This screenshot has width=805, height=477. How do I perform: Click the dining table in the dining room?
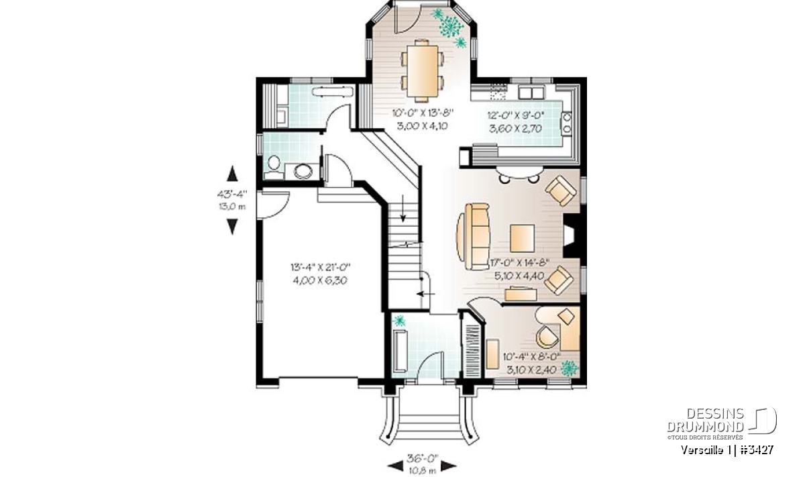(422, 70)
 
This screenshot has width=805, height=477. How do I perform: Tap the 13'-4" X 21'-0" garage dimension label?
(320, 268)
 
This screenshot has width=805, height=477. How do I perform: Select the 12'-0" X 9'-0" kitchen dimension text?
(516, 116)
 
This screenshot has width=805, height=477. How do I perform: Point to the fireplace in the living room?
(572, 235)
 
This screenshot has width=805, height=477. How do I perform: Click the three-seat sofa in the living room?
(474, 237)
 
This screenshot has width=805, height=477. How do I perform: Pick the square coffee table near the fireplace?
(522, 238)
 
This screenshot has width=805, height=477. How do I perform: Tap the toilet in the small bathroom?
(274, 167)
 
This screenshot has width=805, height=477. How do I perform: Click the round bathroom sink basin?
(303, 172)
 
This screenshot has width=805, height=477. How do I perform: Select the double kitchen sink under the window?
(531, 93)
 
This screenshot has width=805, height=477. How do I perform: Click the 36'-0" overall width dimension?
(423, 459)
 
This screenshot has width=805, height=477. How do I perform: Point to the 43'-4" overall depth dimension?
(232, 195)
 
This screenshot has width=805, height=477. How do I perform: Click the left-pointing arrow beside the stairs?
(426, 294)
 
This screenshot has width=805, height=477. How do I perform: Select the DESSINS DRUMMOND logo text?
(705, 420)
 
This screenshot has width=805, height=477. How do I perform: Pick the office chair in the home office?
(547, 337)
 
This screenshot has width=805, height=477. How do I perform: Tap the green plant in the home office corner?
(570, 368)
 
